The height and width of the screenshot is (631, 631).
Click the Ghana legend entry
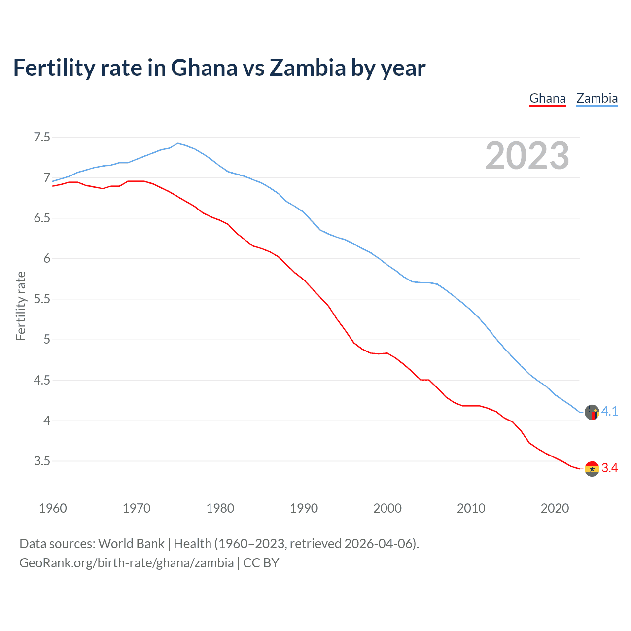(x=547, y=98)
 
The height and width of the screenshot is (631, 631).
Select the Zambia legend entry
(x=597, y=98)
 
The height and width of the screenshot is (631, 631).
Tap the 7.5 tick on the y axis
(x=42, y=137)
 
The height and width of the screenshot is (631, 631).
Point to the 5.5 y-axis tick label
(x=42, y=299)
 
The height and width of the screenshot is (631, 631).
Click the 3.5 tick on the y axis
(x=42, y=461)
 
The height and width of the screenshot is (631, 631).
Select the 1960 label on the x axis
(x=53, y=508)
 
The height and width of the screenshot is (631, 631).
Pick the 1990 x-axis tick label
(x=304, y=508)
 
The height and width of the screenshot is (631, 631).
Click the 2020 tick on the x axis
(x=555, y=508)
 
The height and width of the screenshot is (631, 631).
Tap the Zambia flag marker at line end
(x=592, y=412)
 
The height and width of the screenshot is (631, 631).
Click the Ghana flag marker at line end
(x=592, y=469)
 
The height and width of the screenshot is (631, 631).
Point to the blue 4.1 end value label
(x=610, y=412)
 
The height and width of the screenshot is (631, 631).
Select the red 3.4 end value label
(x=610, y=468)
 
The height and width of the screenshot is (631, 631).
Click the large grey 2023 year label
(x=527, y=156)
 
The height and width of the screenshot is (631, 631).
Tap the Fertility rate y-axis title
(x=21, y=306)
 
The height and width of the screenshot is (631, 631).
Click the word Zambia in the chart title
(x=308, y=68)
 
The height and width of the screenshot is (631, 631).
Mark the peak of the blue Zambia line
(x=178, y=143)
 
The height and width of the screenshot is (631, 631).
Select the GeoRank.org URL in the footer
(x=126, y=563)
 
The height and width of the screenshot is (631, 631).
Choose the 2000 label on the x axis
(x=387, y=508)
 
